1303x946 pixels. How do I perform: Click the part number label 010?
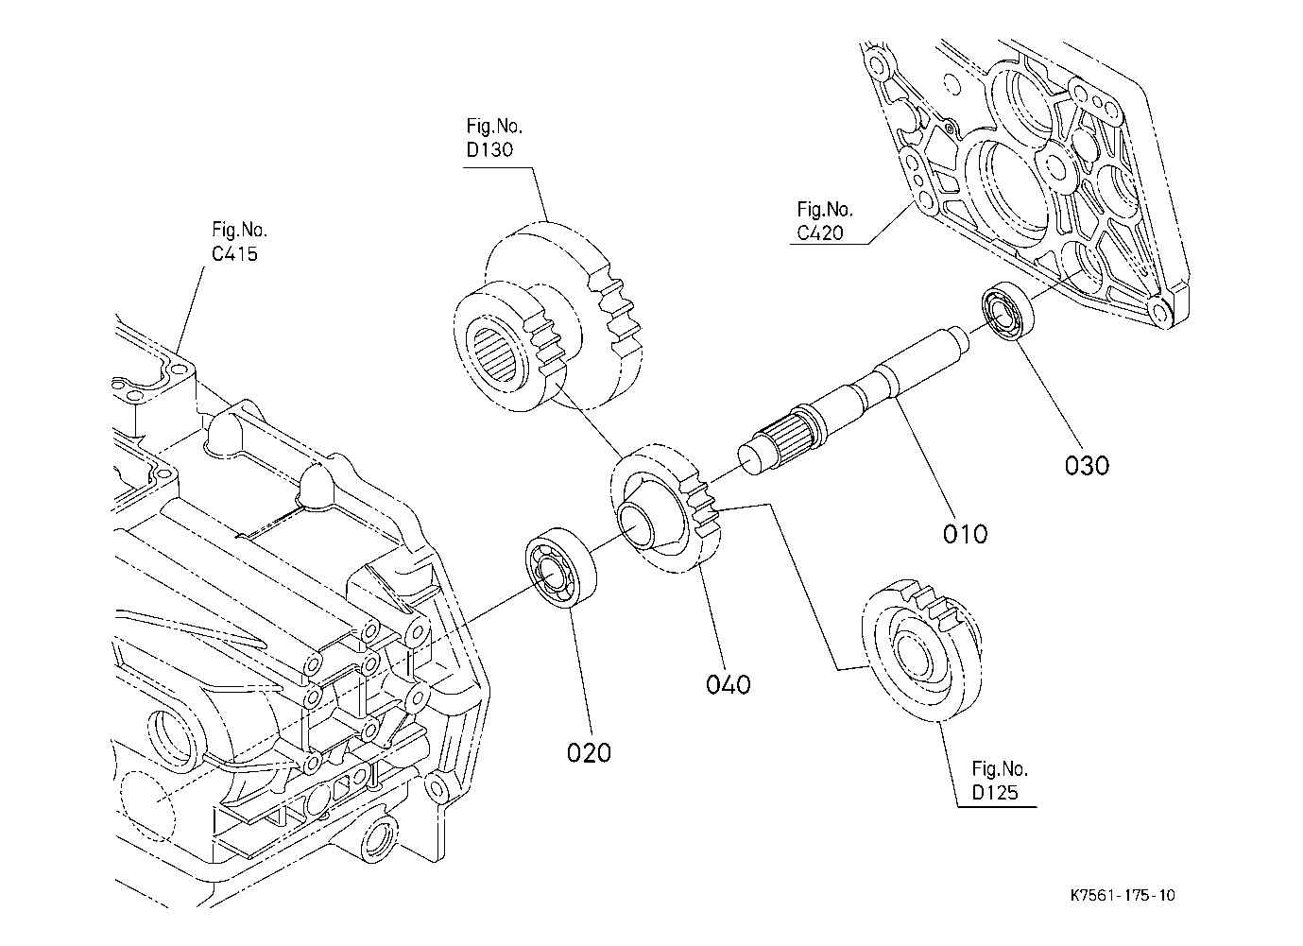[965, 534]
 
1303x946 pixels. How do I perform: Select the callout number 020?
[589, 752]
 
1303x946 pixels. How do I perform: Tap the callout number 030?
[1087, 465]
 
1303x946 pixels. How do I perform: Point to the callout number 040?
[728, 683]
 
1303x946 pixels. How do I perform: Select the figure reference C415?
[234, 253]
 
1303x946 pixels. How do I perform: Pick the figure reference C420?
[819, 232]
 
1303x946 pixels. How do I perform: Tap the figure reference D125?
[995, 792]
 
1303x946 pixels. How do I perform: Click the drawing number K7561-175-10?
[1123, 895]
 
